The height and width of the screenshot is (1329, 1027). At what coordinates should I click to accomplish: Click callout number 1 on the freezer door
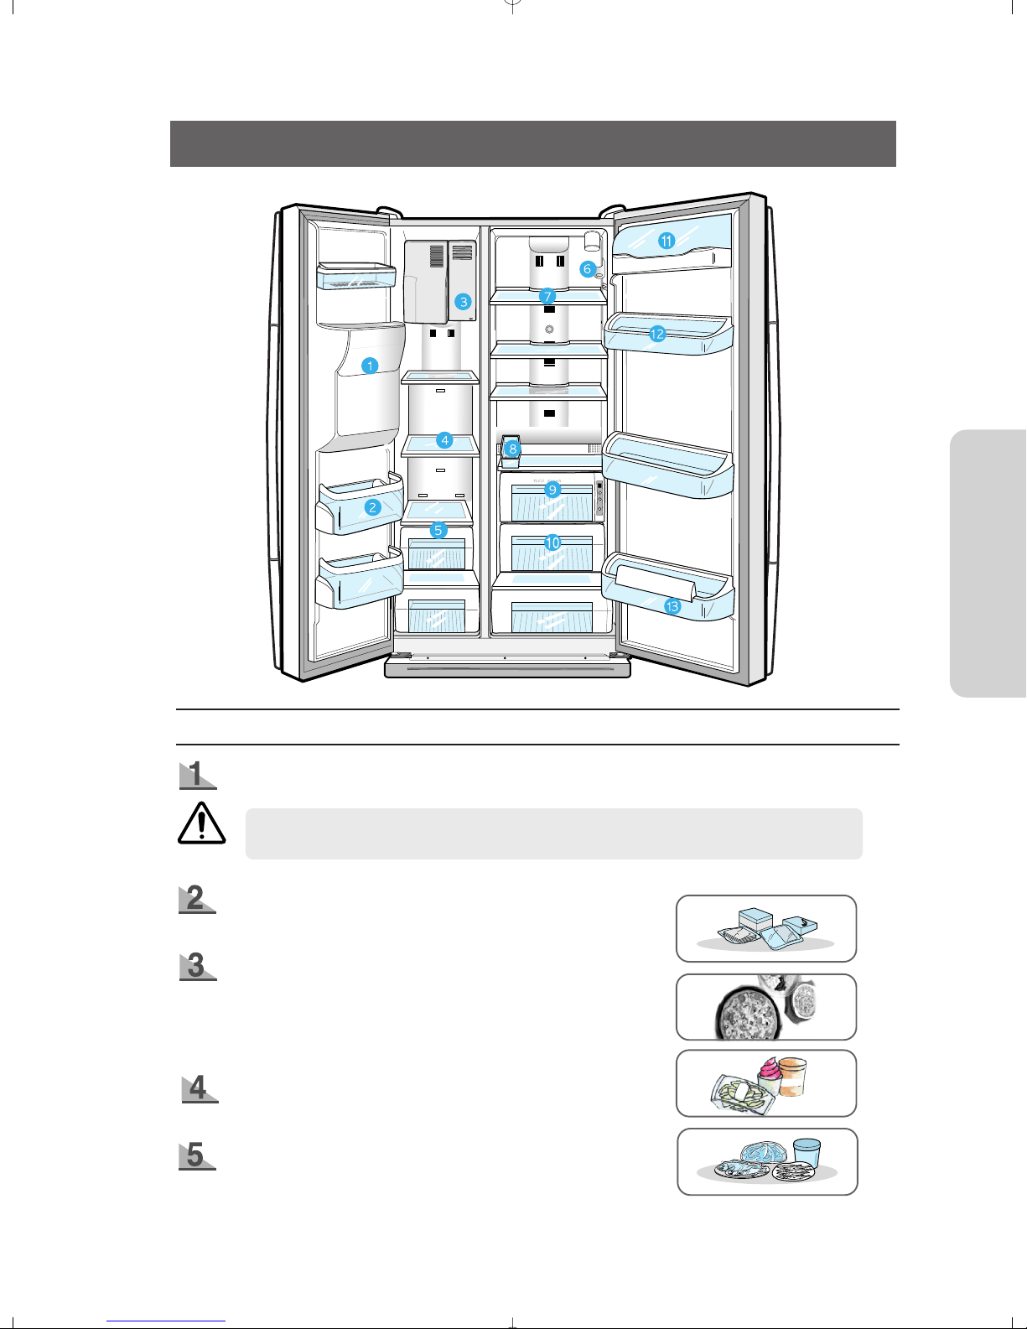pyautogui.click(x=369, y=366)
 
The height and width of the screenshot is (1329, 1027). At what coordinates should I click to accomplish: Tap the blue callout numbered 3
pyautogui.click(x=464, y=302)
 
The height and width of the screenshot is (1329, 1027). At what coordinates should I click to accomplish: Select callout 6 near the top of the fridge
pyautogui.click(x=588, y=268)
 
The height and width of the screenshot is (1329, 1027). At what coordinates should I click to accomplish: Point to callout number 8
pyautogui.click(x=512, y=449)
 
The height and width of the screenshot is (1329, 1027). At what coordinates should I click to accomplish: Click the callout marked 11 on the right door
pyautogui.click(x=667, y=241)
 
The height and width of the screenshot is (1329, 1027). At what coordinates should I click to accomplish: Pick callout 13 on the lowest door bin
pyautogui.click(x=672, y=606)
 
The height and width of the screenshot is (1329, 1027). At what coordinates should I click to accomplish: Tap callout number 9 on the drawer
pyautogui.click(x=552, y=490)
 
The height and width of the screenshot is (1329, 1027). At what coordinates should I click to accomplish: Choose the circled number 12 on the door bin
pyautogui.click(x=657, y=334)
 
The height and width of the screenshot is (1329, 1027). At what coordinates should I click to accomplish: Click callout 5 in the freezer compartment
pyautogui.click(x=438, y=530)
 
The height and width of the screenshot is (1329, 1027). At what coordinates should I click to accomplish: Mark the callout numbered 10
pyautogui.click(x=552, y=543)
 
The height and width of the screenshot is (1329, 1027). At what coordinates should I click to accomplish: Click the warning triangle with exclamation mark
pyautogui.click(x=202, y=823)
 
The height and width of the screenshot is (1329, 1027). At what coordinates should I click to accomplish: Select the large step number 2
pyautogui.click(x=195, y=898)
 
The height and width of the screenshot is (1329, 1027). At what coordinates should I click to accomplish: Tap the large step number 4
pyautogui.click(x=198, y=1088)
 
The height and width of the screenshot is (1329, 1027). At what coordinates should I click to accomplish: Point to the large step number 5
pyautogui.click(x=195, y=1155)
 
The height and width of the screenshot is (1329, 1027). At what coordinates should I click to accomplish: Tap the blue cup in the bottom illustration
pyautogui.click(x=807, y=1154)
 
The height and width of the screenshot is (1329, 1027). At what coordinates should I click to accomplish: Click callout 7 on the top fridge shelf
pyautogui.click(x=547, y=297)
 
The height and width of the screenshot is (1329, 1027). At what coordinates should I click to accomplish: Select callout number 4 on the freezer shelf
pyautogui.click(x=444, y=440)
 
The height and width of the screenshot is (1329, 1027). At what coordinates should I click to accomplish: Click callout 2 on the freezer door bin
pyautogui.click(x=372, y=507)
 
